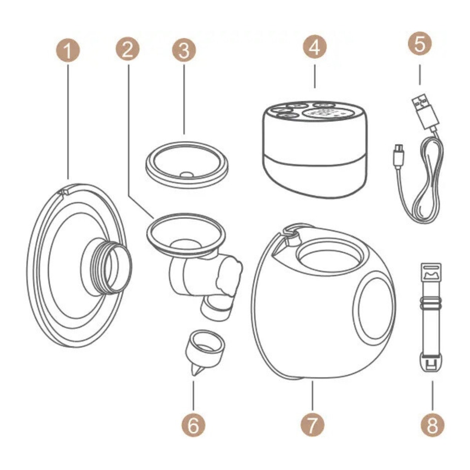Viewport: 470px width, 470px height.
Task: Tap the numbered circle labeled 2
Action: tap(127, 49)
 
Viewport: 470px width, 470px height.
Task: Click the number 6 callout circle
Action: tap(193, 426)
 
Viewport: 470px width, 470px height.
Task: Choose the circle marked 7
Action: tap(313, 426)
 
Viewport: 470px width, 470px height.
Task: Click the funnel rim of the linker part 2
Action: tap(186, 233)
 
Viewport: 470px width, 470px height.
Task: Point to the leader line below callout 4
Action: tap(315, 76)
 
